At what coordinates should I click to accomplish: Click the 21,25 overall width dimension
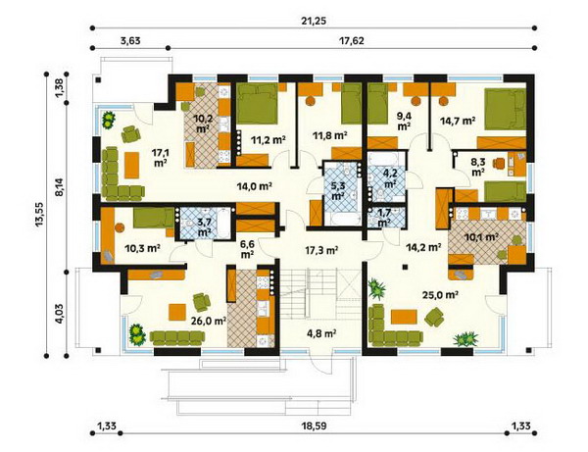click(x=314, y=21)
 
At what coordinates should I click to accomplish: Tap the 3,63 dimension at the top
click(x=130, y=40)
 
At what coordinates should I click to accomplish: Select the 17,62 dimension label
click(x=352, y=40)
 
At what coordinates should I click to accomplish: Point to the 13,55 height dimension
click(x=39, y=215)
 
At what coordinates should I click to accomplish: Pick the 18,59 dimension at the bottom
click(x=314, y=427)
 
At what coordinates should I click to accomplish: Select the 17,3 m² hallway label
click(x=323, y=250)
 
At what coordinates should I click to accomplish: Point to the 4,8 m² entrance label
click(x=322, y=332)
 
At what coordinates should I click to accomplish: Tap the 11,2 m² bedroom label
click(x=269, y=140)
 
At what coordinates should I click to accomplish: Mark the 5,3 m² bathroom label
click(x=338, y=190)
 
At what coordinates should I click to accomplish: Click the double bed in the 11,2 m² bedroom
click(x=257, y=104)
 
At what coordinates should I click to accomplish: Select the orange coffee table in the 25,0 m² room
click(x=404, y=317)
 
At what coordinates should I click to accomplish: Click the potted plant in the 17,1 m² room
click(x=109, y=120)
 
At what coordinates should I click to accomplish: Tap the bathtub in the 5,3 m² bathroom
click(x=342, y=220)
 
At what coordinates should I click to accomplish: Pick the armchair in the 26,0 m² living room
click(x=202, y=302)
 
